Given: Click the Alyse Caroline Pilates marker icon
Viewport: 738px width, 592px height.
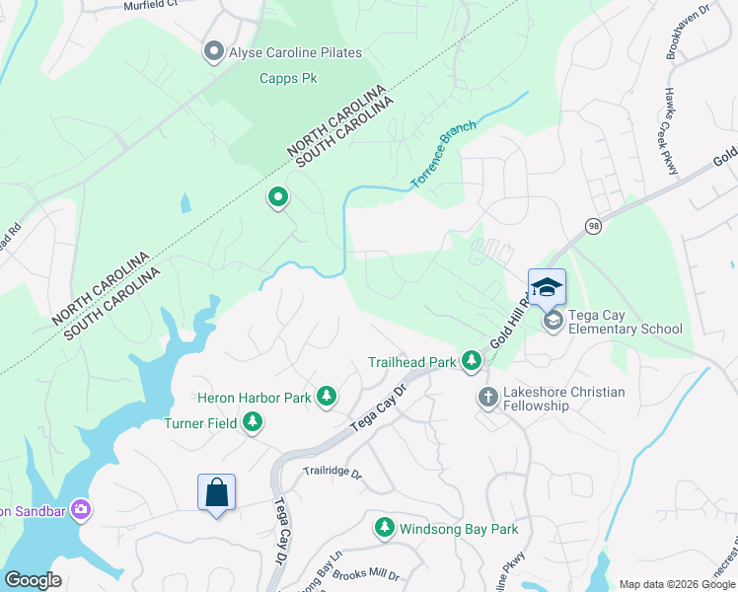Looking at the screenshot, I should pyautogui.click(x=213, y=51).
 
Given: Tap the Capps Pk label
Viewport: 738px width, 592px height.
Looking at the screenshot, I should pyautogui.click(x=288, y=79).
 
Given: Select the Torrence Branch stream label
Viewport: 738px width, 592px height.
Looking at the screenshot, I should pyautogui.click(x=443, y=155).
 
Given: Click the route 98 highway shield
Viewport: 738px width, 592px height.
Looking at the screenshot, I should pyautogui.click(x=593, y=226).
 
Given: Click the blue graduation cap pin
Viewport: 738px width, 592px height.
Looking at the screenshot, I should pyautogui.click(x=547, y=288).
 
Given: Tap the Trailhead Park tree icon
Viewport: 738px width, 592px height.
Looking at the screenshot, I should pyautogui.click(x=471, y=362).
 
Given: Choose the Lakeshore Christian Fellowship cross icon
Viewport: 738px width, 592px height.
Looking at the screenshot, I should pyautogui.click(x=487, y=398).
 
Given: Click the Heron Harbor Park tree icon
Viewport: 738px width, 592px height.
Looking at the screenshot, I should pyautogui.click(x=326, y=398).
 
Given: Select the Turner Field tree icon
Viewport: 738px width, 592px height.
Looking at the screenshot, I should pyautogui.click(x=253, y=423).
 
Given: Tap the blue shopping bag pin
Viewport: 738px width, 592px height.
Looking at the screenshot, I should pyautogui.click(x=216, y=491).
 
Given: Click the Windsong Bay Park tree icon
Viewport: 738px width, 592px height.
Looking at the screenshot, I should pyautogui.click(x=384, y=529).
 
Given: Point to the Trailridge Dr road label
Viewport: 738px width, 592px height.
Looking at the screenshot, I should pyautogui.click(x=332, y=473).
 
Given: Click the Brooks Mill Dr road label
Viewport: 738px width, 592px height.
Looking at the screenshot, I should pyautogui.click(x=368, y=574).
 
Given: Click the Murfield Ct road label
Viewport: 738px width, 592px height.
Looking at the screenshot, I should pyautogui.click(x=150, y=6).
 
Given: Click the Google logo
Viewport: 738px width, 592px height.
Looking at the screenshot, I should pyautogui.click(x=33, y=580).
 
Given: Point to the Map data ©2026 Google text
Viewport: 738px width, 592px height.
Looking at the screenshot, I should pyautogui.click(x=676, y=584).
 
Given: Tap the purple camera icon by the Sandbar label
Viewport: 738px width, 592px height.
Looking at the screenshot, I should pyautogui.click(x=81, y=510).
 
